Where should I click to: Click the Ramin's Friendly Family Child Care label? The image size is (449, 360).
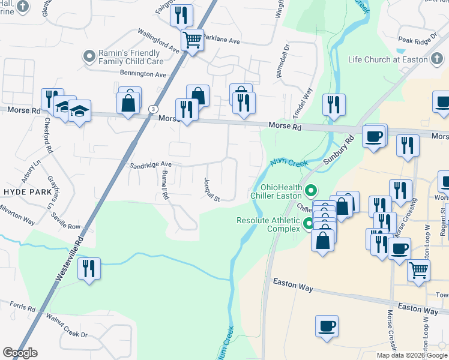(130, 57)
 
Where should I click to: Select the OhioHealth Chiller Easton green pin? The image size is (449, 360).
(311, 192)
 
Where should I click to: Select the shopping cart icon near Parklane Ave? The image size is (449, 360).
(192, 40)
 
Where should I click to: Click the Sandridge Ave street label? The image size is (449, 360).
(147, 164)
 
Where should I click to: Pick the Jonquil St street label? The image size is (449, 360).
(212, 189)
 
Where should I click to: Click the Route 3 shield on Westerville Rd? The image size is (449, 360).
(154, 109)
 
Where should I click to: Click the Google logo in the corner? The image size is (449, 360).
(20, 353)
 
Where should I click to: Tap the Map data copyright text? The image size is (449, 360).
(412, 355)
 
